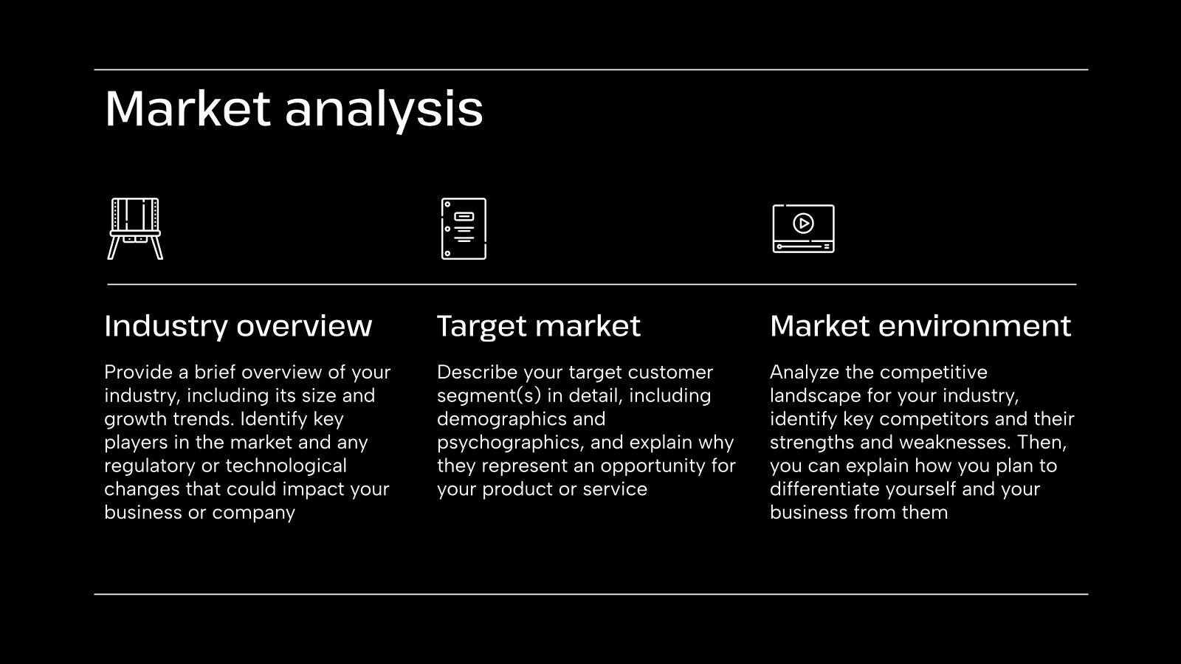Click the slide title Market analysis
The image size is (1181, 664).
(x=294, y=109)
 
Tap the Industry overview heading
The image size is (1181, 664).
(x=238, y=326)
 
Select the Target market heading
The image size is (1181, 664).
(x=538, y=326)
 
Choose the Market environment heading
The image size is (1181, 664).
(x=920, y=326)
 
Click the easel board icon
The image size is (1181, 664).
(x=135, y=229)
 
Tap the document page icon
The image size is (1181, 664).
(x=464, y=229)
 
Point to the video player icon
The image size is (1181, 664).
(x=803, y=229)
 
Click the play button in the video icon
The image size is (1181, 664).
(x=803, y=222)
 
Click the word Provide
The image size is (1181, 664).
(x=138, y=373)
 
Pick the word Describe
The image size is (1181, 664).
(x=474, y=373)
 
